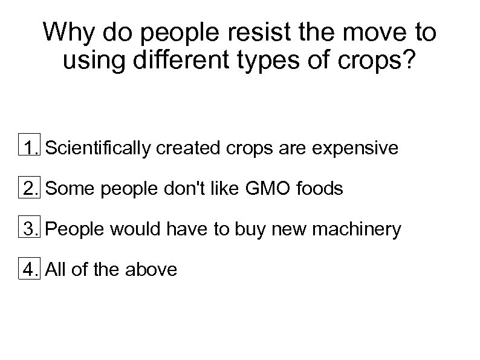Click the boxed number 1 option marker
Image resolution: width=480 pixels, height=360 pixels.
[x=29, y=147]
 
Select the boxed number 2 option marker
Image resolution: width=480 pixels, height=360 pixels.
[x=29, y=188]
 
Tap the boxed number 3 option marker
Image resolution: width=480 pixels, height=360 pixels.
[x=29, y=229]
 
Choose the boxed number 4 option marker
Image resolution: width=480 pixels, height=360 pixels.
[x=29, y=269]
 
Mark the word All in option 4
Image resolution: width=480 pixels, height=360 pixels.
[x=56, y=270]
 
